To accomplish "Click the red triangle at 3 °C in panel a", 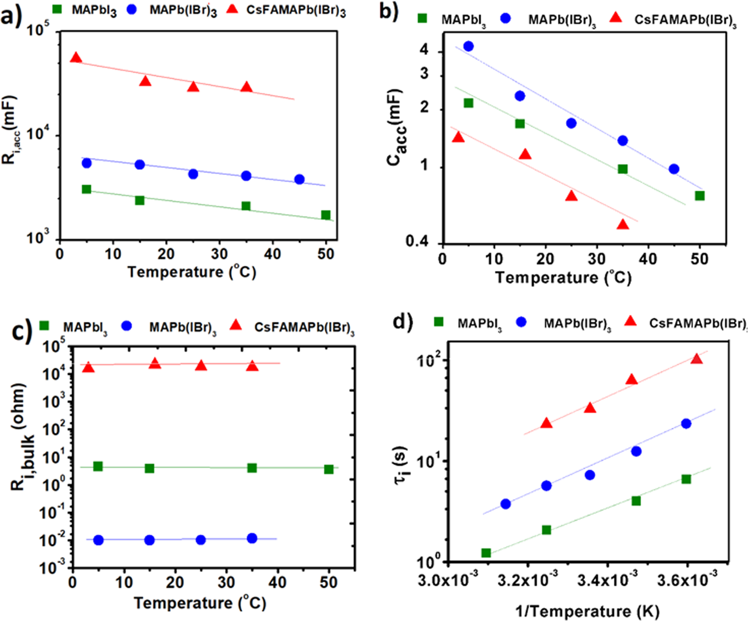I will coord(76,58).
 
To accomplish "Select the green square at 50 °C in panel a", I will coord(326,215).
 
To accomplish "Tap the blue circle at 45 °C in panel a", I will coord(299,179).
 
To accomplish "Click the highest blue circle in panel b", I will coord(468,46).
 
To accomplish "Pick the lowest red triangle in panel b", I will coord(623,225).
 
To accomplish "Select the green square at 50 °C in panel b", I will coord(700,195).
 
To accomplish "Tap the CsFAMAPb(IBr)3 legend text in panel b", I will coord(685,20).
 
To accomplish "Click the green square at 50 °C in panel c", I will coord(329,469).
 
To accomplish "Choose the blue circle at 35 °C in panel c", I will coord(252,538).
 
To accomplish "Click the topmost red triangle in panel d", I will coord(697,359).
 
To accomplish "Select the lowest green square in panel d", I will coord(486,553).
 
